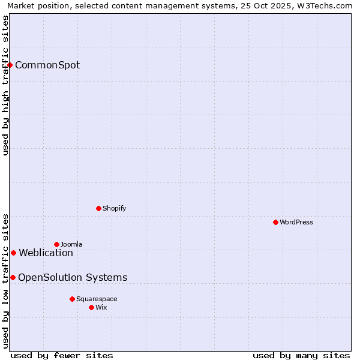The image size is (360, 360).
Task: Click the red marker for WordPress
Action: point(275,222)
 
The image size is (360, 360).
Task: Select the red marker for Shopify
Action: point(98,208)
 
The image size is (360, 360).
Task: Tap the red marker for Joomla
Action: point(56,244)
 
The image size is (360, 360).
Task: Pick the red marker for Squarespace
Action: point(72,299)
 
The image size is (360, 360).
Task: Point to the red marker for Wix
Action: point(91,307)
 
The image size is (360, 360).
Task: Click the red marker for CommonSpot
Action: point(10,65)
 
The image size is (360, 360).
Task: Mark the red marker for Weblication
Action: point(13,253)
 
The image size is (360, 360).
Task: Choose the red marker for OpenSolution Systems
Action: point(13,277)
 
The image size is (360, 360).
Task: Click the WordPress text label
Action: point(296,222)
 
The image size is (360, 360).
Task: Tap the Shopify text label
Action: point(115,208)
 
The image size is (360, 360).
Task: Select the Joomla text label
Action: point(71,244)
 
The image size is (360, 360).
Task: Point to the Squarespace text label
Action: point(97,299)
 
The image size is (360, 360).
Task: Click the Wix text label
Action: point(101,307)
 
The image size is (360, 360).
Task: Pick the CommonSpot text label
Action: point(47,65)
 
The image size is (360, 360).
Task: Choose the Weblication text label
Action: point(46,253)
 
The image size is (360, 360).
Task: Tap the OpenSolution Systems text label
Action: point(73,277)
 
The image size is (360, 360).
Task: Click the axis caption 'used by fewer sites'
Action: point(62,355)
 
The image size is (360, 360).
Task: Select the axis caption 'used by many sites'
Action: point(301,355)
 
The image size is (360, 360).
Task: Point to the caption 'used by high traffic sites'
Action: point(5,85)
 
